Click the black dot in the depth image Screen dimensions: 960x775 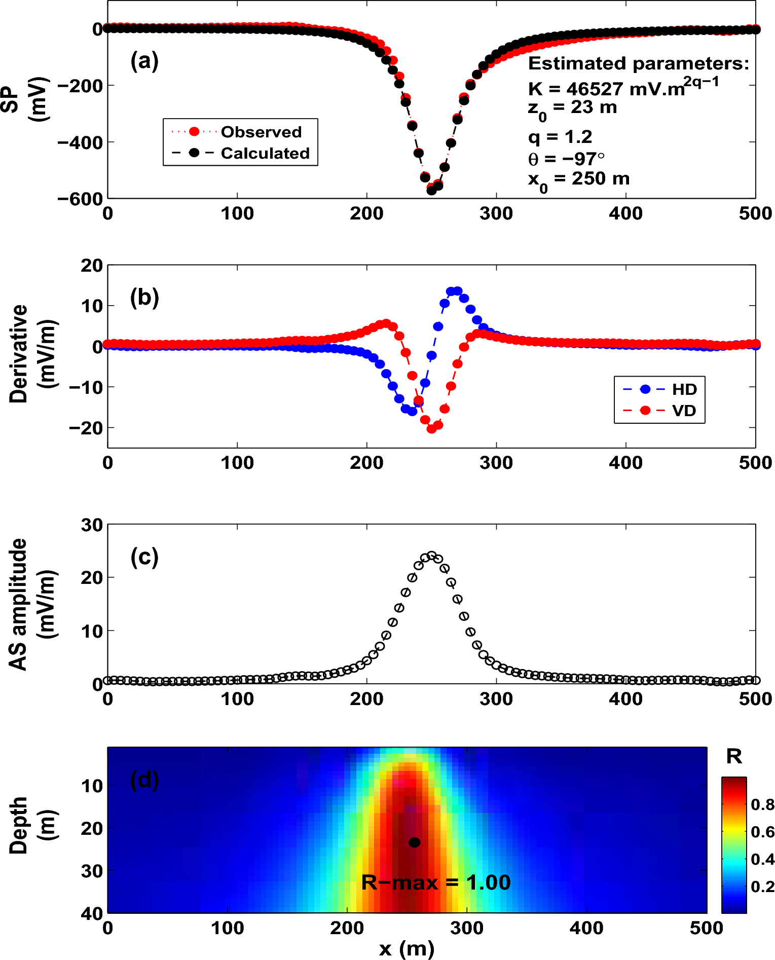pos(415,842)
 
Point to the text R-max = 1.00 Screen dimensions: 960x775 pos(436,882)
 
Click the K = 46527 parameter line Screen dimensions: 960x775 pos(623,88)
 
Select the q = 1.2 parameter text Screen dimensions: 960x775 pos(560,137)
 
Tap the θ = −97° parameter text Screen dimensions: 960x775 pos(566,159)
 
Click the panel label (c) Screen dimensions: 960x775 pos(144,557)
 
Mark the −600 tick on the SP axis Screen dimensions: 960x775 pos(81,199)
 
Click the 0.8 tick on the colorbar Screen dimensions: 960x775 pos(762,804)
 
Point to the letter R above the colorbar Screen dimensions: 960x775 pos(734,757)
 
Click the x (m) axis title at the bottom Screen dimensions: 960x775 pos(407,948)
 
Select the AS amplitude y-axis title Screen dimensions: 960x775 pos(19,604)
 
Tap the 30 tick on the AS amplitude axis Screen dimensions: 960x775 pos(92,525)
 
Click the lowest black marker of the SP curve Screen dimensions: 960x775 pos(432,191)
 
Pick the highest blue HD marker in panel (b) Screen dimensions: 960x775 pos(457,291)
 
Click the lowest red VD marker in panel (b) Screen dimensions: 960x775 pos(432,429)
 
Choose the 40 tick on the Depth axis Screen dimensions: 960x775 pos(92,913)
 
